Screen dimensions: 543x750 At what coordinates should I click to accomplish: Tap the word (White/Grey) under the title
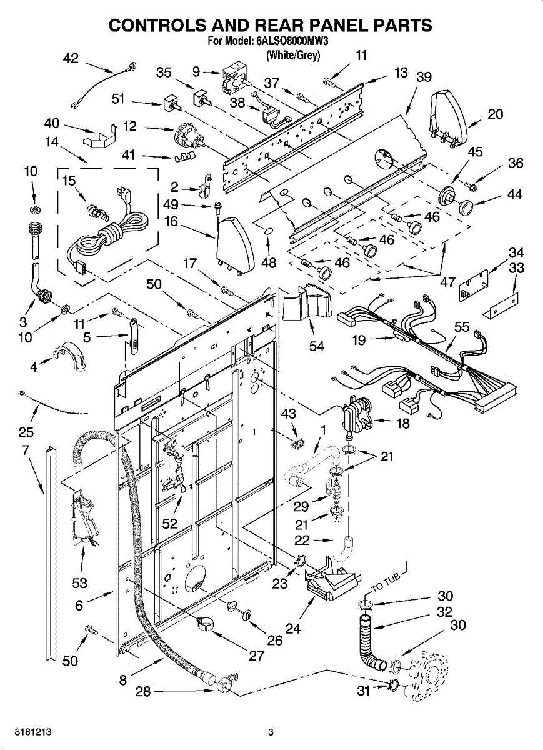pos(292,55)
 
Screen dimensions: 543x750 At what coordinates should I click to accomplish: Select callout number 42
pos(71,58)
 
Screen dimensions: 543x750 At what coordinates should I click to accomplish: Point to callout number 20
pos(496,114)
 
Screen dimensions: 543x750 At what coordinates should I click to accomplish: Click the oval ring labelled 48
pos(268,232)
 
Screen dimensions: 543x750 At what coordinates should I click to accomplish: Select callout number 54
pos(317,346)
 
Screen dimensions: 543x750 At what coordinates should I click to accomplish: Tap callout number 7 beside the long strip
pos(26,450)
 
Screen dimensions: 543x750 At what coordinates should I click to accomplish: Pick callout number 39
pos(424,77)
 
